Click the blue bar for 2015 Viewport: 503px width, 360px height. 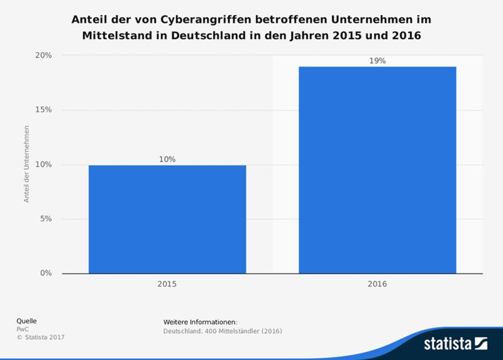[167, 219]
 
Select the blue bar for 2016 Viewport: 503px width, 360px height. [377, 170]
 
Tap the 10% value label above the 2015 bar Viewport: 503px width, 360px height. [167, 160]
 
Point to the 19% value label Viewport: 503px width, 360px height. [377, 60]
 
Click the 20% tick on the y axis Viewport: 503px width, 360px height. [43, 55]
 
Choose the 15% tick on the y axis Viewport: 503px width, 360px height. [43, 110]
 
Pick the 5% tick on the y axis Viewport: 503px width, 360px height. [45, 219]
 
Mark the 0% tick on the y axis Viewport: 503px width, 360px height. [45, 273]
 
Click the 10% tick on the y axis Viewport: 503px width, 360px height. [43, 165]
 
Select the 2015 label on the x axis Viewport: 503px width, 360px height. [167, 284]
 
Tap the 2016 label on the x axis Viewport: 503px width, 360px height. [377, 284]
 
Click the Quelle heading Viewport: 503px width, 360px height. [26, 320]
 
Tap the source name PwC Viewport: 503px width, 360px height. [22, 329]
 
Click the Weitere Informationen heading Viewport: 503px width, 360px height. [200, 322]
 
